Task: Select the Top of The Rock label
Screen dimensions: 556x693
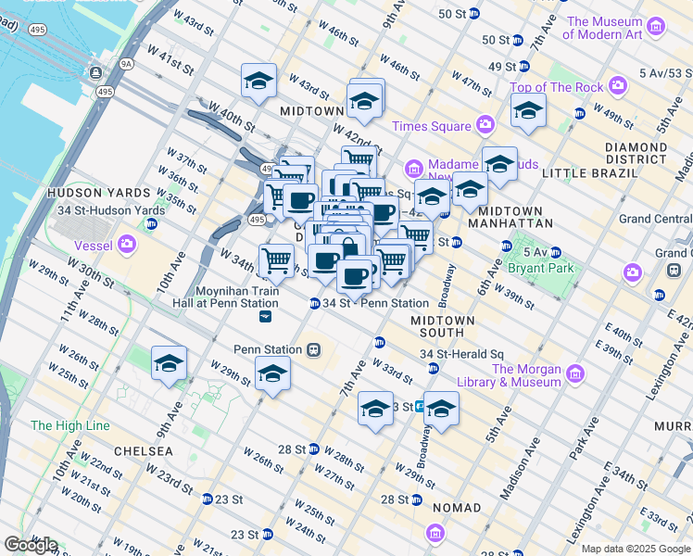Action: tap(555, 87)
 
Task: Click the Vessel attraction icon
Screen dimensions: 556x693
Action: tap(126, 246)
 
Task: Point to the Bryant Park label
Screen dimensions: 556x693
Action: tap(541, 268)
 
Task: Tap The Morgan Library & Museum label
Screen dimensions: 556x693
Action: tap(509, 375)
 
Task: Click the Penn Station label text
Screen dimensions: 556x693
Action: tap(268, 349)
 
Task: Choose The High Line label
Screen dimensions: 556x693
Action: tap(69, 425)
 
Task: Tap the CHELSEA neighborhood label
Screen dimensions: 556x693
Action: tap(143, 450)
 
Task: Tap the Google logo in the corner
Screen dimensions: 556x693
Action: tap(31, 545)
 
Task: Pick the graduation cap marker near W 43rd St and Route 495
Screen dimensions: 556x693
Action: tap(259, 81)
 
